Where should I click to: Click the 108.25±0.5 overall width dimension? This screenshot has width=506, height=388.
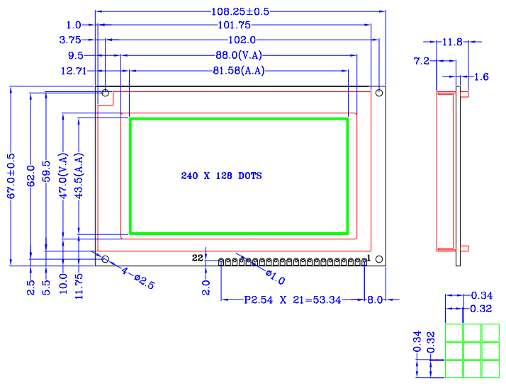tap(240, 11)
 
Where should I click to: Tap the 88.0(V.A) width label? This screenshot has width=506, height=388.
tap(240, 55)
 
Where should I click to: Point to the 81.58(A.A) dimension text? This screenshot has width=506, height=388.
tap(240, 70)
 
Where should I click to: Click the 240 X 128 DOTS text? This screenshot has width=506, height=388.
tap(221, 175)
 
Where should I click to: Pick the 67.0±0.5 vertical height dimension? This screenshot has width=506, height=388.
tap(11, 175)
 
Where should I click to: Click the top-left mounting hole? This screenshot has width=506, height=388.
tap(106, 93)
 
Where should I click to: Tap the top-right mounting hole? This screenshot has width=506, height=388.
tap(379, 93)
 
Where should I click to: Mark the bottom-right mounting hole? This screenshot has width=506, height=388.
tap(379, 259)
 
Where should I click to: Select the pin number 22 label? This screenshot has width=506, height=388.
tap(198, 258)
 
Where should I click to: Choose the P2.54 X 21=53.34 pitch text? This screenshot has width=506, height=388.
tap(293, 300)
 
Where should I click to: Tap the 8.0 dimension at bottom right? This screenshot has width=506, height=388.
tap(375, 300)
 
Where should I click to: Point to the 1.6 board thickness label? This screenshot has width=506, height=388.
tap(481, 76)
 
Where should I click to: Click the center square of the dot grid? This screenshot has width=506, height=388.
tap(472, 350)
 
